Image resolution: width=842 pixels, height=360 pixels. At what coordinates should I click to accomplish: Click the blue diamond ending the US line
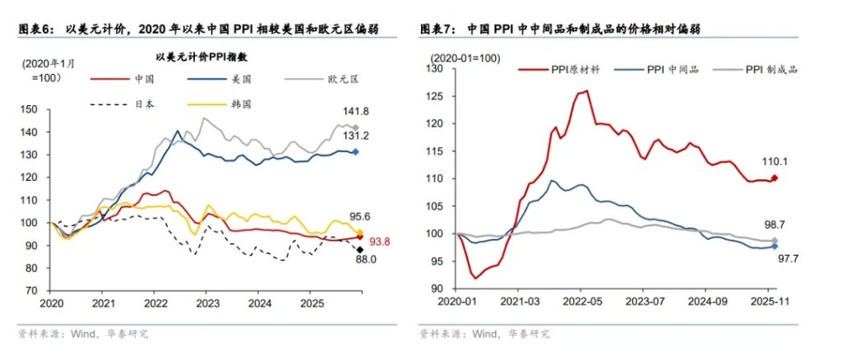point(355,152)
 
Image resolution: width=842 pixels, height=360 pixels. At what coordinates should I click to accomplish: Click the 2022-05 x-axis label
point(581,302)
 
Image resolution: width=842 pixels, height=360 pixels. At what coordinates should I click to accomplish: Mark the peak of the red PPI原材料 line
point(587,90)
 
